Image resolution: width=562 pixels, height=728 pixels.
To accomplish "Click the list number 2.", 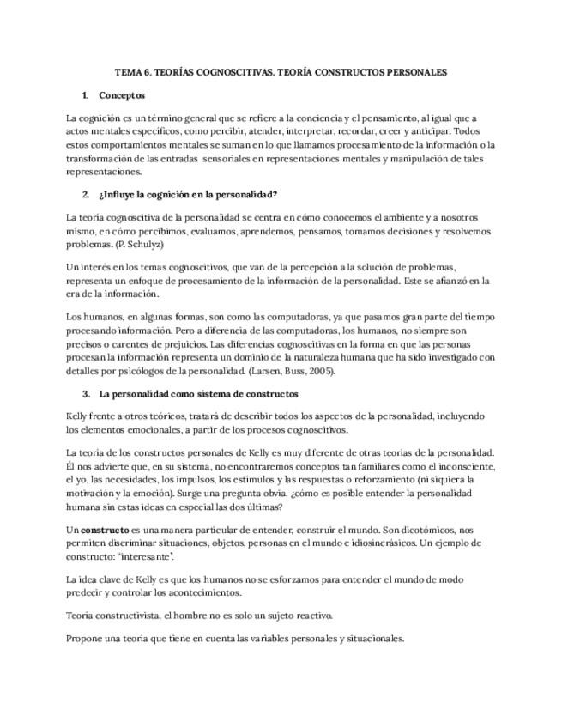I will tap(86, 194).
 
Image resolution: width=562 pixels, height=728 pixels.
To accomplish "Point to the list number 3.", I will tap(86, 394).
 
